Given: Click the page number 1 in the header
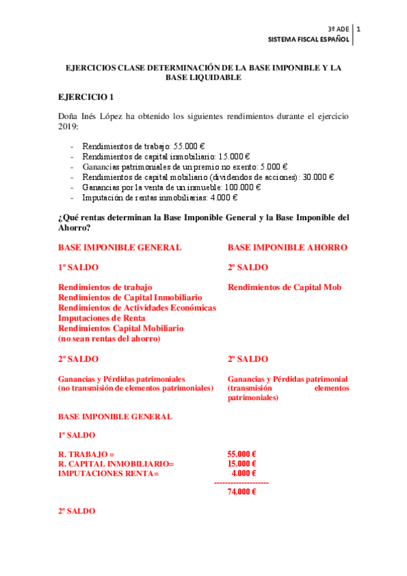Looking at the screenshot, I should pos(358,29).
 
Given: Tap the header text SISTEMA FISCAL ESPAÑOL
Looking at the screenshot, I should pos(310,40).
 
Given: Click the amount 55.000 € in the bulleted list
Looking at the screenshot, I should pos(190,146).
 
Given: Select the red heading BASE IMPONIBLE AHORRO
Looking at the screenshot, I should pos(287,247).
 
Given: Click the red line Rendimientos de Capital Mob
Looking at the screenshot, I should pos(285,287).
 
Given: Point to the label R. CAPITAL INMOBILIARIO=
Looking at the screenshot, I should pos(116,464).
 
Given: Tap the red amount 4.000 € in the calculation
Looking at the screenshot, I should pos(244,473).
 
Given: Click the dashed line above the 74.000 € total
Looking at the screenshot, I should pos(241,482).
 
